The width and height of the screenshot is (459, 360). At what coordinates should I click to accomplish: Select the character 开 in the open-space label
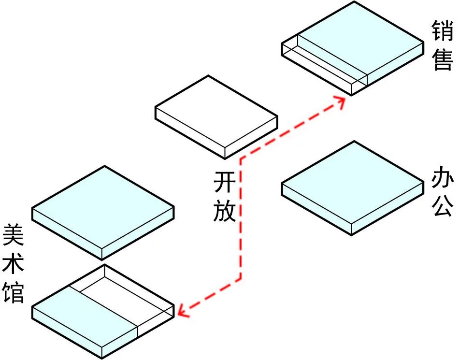point(225,183)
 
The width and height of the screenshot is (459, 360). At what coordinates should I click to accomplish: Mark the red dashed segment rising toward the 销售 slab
point(290,130)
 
